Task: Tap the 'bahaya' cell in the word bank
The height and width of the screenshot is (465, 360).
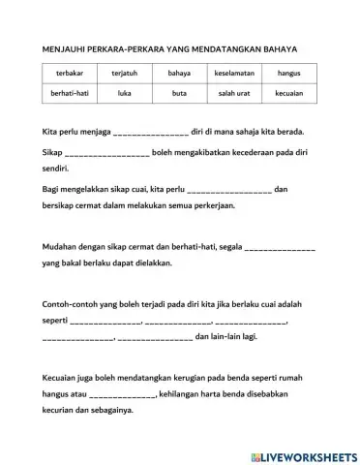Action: point(179,74)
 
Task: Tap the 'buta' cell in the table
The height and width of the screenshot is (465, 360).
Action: point(179,95)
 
